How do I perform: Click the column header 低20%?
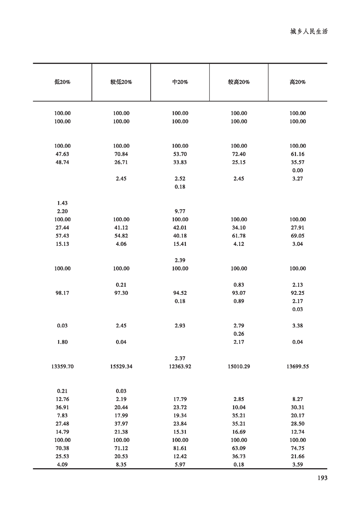click(62, 82)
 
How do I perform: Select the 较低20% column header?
click(121, 82)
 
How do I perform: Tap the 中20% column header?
click(180, 82)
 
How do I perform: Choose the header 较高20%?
click(239, 82)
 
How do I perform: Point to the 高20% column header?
click(297, 82)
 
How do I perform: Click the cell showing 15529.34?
click(121, 367)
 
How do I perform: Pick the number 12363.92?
click(180, 367)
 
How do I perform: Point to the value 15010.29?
click(239, 367)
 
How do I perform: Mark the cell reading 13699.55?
click(297, 367)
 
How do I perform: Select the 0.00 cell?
click(297, 171)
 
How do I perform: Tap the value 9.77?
click(180, 211)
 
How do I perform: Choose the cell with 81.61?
click(180, 448)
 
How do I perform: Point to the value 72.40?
click(239, 154)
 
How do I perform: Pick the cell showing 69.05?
click(297, 236)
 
